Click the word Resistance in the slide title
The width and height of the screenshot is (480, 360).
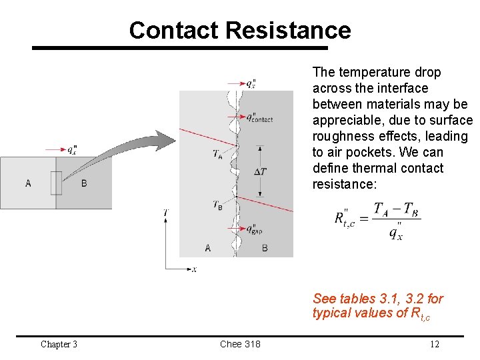click(288, 31)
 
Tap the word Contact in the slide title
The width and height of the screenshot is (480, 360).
click(174, 31)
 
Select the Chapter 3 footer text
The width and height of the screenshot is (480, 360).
click(59, 344)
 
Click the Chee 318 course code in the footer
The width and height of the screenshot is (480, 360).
click(240, 344)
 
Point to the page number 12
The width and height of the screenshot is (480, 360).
click(434, 344)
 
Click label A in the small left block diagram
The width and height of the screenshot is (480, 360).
click(28, 183)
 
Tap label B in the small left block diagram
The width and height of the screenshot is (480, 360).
click(84, 183)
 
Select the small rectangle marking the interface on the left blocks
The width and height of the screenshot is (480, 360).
click(56, 183)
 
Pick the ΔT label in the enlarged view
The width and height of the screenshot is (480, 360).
click(261, 172)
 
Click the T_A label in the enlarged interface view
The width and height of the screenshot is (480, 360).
click(218, 154)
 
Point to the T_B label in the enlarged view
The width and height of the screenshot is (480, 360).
click(218, 205)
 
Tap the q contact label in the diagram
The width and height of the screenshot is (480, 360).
click(259, 118)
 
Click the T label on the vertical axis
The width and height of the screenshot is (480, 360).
click(165, 213)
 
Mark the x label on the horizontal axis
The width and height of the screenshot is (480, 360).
click(194, 269)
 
